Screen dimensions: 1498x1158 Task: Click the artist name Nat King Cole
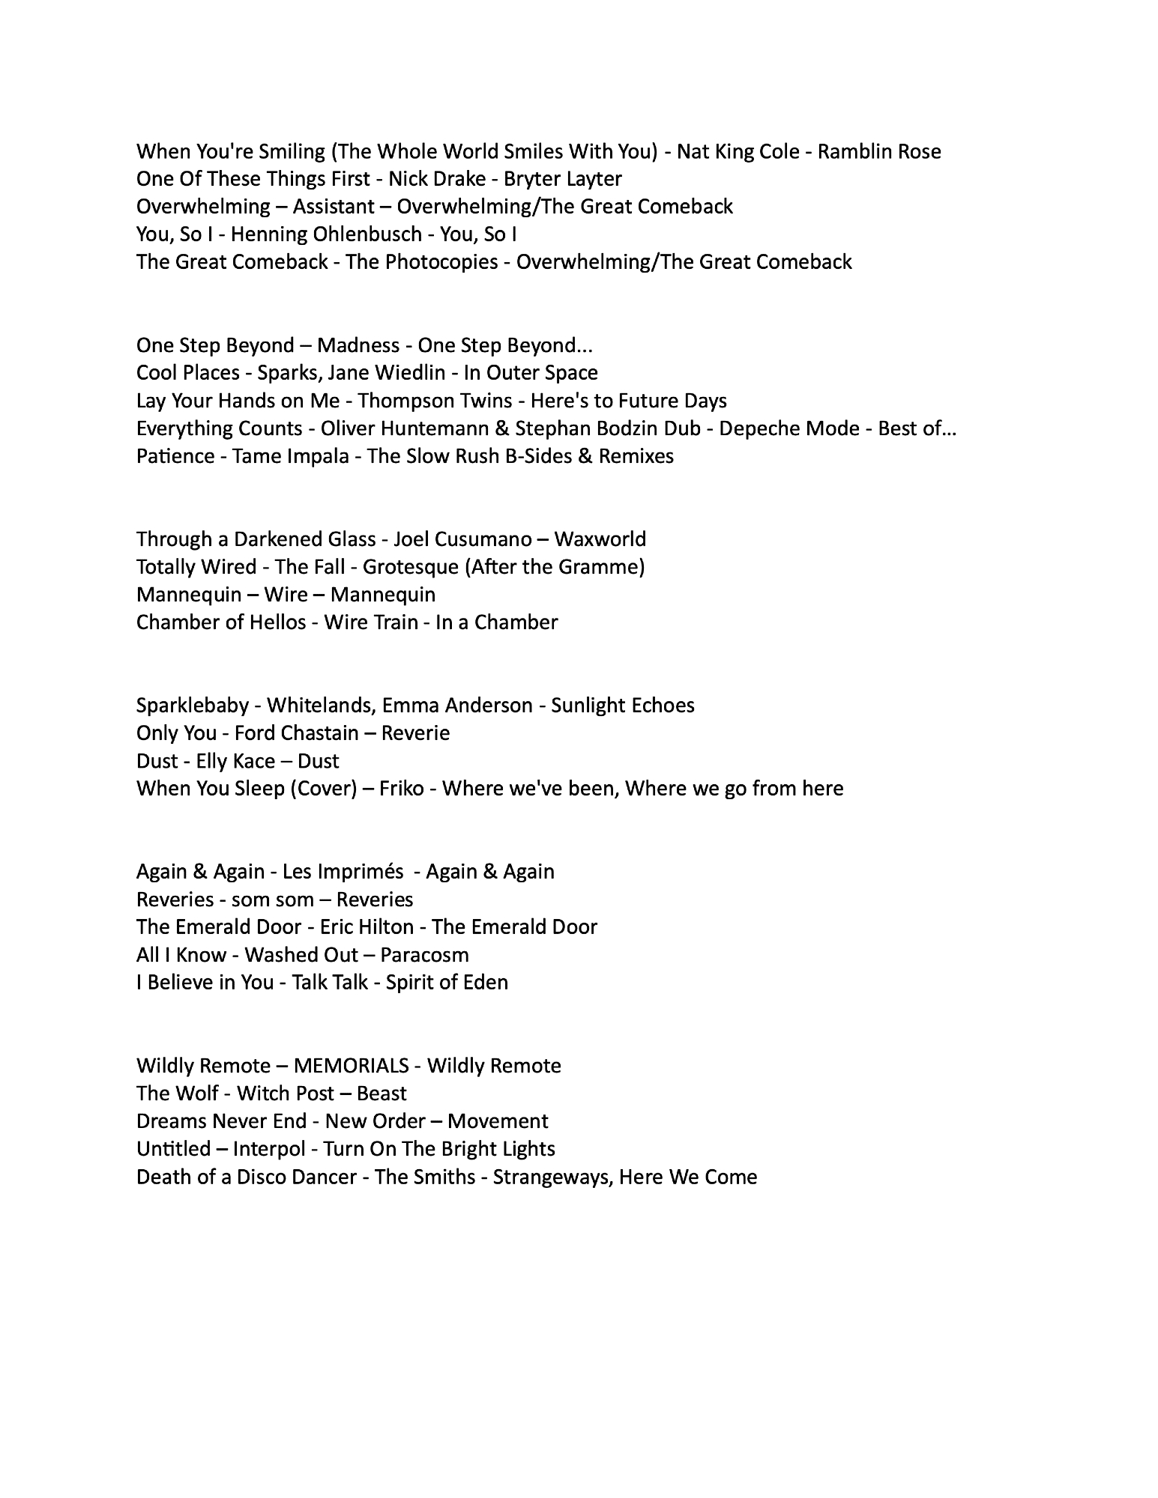coord(738,152)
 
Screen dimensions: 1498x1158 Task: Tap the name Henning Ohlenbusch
coord(326,235)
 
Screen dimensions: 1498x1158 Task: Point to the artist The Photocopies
coord(422,262)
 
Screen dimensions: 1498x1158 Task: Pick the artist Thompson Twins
coord(435,401)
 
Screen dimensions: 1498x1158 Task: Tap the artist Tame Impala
coord(291,457)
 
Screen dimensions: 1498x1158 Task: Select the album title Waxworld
coord(600,540)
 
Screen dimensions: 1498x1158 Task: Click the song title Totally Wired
coord(196,567)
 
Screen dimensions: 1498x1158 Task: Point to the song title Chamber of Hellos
coord(221,623)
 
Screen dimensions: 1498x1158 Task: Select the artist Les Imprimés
coord(345,873)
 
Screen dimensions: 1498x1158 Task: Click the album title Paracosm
coord(424,956)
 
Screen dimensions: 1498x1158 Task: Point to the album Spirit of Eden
coord(447,983)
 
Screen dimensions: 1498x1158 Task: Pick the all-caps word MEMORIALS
coord(352,1067)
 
